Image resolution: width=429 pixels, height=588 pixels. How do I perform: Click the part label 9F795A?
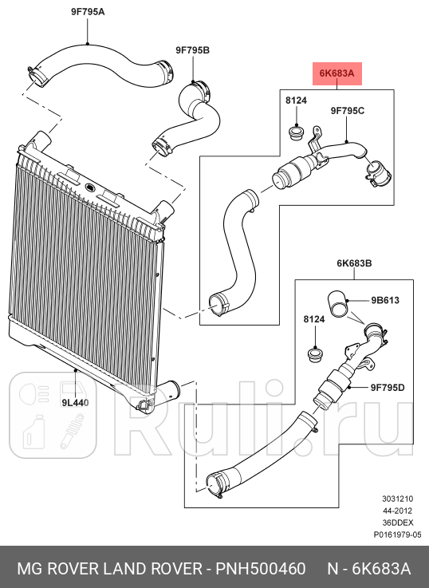[88, 12]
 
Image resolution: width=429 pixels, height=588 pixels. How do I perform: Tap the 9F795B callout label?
[193, 50]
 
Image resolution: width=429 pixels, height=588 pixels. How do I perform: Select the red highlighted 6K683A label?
[337, 73]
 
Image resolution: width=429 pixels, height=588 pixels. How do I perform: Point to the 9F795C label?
[348, 111]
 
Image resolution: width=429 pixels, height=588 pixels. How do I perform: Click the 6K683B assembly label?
[354, 263]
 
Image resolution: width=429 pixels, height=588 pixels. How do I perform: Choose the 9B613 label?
[385, 300]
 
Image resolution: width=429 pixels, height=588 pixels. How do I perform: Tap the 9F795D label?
[388, 388]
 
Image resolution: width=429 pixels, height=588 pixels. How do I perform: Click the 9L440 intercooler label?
[75, 403]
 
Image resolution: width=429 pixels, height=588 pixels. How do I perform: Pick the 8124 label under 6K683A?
[296, 101]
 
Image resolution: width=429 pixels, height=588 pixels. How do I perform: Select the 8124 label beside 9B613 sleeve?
[314, 319]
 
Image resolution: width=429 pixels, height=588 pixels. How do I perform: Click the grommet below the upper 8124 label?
[297, 133]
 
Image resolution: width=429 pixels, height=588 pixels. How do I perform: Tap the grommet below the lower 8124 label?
[315, 354]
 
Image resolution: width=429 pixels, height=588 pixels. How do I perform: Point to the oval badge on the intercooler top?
[90, 187]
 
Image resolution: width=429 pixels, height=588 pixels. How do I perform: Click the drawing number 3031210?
[398, 499]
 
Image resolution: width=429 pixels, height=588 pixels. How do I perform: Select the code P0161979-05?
[397, 535]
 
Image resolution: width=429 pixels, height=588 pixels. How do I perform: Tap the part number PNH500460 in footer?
[261, 569]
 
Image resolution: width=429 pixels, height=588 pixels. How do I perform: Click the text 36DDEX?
[398, 523]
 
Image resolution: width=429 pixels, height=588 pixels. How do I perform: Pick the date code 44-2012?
[398, 511]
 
